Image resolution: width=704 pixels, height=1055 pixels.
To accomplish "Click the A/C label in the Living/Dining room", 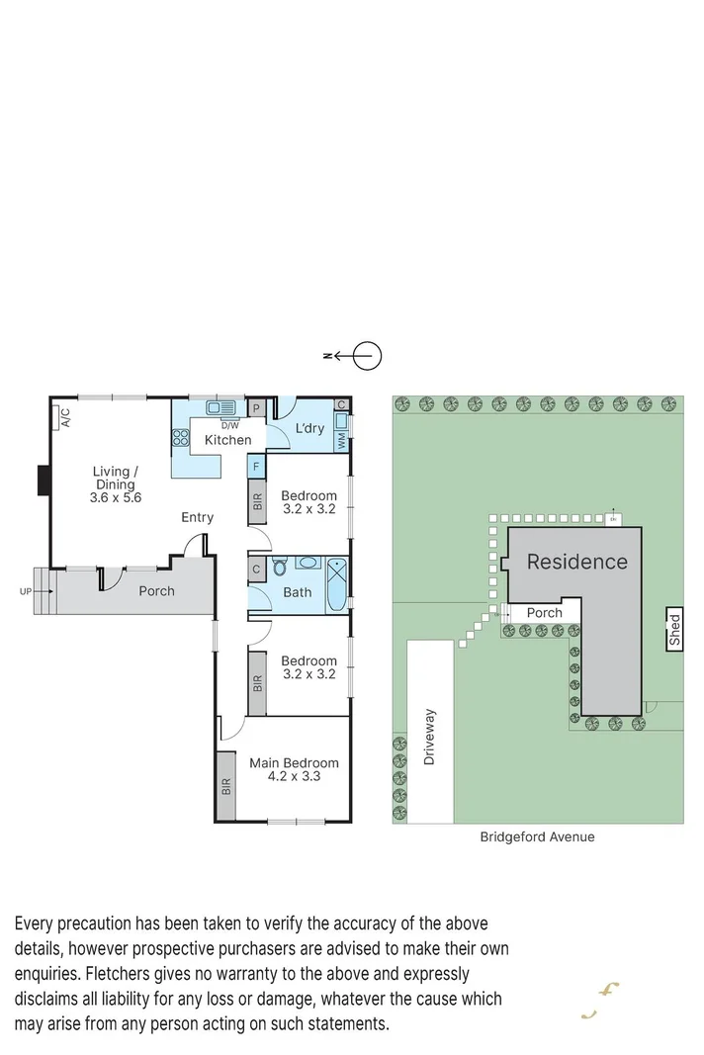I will [x=65, y=418].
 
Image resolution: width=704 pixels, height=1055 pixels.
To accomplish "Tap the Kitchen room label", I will [x=227, y=440].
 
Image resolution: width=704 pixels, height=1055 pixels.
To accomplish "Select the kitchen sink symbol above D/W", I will [x=220, y=406].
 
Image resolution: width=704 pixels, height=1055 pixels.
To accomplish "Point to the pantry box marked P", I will [x=255, y=407].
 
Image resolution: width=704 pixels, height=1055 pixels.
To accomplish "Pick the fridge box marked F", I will [x=255, y=465].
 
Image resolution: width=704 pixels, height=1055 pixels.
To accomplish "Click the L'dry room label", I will [x=309, y=428].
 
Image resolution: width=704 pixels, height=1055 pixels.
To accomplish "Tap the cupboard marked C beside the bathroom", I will [x=255, y=569].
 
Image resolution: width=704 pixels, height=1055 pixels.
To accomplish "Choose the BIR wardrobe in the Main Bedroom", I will [x=226, y=786].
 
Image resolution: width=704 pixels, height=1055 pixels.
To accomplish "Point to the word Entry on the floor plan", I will [x=197, y=517].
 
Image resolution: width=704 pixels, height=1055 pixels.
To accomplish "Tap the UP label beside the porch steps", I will [x=25, y=591].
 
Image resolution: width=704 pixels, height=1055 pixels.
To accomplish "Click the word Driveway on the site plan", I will [x=430, y=737].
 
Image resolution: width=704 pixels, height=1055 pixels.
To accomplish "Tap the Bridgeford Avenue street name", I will [x=537, y=836].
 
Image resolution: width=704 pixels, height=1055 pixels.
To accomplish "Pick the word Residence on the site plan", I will [x=576, y=562].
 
